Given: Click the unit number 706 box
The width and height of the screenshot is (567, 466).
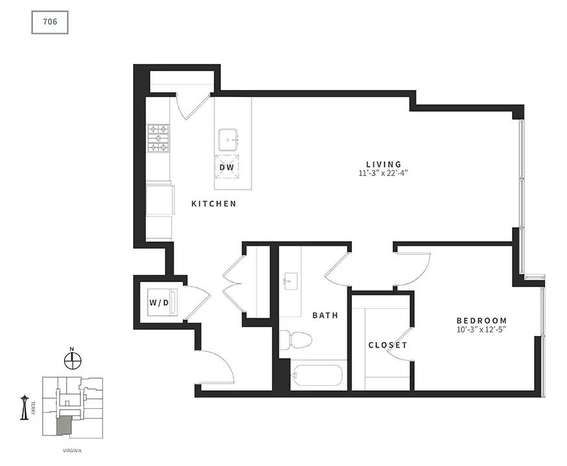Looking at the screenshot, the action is point(50,22).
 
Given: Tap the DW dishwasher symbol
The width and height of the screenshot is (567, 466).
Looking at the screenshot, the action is point(227,167).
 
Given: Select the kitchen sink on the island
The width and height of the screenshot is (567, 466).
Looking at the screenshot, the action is point(228,139).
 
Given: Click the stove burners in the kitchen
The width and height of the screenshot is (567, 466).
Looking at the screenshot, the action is point(158,138).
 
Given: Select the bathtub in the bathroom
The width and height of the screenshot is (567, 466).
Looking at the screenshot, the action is point(316,375).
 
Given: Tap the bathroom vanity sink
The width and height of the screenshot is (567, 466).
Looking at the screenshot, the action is point(291,281).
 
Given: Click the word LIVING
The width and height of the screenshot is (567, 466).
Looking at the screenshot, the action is point(384,164).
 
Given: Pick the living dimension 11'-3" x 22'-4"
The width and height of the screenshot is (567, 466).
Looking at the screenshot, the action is point(384,173).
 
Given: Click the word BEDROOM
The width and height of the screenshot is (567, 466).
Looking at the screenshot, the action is point(481,320).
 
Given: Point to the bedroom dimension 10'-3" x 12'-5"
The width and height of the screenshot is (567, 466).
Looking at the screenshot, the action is point(481,329).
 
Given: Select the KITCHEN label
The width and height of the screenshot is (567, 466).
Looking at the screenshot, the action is point(214,204).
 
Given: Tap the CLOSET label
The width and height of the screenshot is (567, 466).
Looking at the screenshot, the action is point(388,345).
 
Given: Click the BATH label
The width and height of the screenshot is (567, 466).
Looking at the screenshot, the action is point(325,315).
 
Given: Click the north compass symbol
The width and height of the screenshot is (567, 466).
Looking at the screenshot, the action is point(73,360).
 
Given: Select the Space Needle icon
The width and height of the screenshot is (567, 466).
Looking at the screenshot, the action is point(25,407).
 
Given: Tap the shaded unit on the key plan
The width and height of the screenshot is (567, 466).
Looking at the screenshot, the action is point(64,425).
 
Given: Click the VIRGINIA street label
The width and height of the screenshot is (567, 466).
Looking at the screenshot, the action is point(73,451).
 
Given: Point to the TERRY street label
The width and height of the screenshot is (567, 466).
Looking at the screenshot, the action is point(33,408).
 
